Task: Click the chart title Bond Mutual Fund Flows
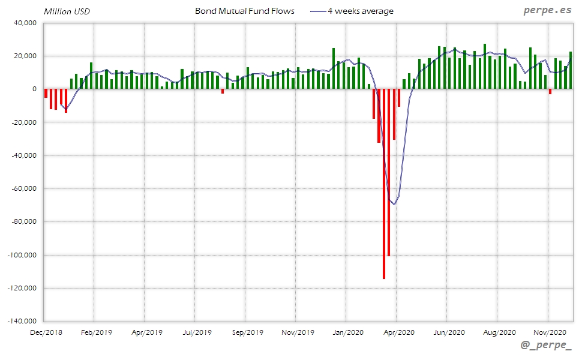[x=245, y=11]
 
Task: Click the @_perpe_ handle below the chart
[x=546, y=346]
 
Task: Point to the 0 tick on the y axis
[x=35, y=89]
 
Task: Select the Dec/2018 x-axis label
[x=46, y=332]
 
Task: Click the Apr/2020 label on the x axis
[x=398, y=332]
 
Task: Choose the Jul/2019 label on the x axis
[x=197, y=332]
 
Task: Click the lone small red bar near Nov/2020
[x=550, y=91]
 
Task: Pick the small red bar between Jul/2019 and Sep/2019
[x=223, y=91]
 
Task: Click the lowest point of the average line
[x=394, y=204]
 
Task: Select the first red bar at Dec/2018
[x=46, y=93]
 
